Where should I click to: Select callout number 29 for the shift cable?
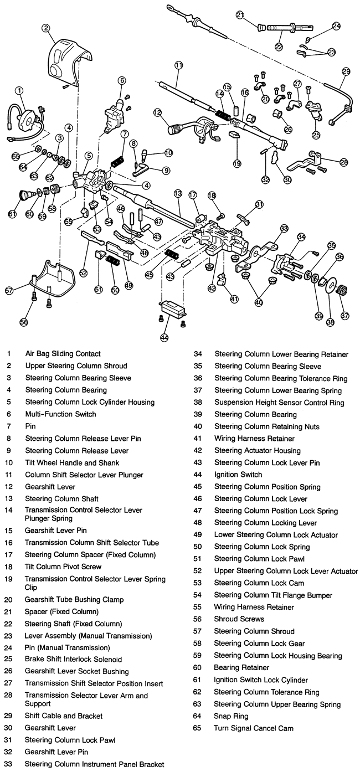tap(346, 71)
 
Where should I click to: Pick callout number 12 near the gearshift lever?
tap(158, 113)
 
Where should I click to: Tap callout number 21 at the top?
tap(240, 15)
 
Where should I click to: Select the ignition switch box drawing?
tap(171, 308)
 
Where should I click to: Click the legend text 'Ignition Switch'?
tap(238, 475)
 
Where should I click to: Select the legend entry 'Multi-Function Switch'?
tap(60, 414)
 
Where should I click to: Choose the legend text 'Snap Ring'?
tap(230, 716)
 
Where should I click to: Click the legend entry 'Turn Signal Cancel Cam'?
tap(254, 728)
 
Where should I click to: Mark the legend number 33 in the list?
tap(9, 764)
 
